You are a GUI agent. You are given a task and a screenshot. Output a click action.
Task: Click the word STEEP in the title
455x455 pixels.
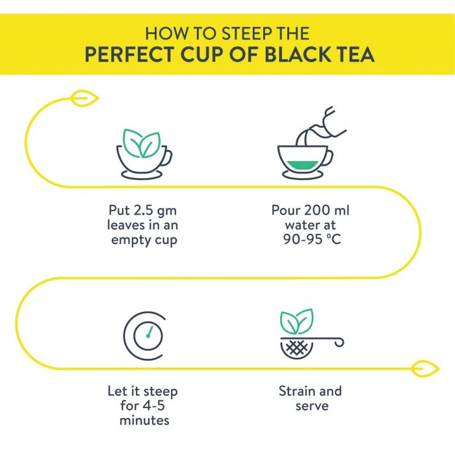pos(247,33)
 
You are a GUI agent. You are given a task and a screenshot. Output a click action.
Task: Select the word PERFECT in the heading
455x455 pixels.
pos(129,54)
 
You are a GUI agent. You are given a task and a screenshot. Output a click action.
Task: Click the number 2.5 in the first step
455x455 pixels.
pos(143,210)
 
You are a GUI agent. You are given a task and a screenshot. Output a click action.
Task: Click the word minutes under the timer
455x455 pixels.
pos(144,421)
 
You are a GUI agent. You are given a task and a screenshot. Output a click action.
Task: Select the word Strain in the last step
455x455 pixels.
pos(296,391)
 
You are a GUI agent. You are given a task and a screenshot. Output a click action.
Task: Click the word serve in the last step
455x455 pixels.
pos(312,406)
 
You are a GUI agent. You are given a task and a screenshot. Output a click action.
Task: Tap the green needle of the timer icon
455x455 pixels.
pos(149,332)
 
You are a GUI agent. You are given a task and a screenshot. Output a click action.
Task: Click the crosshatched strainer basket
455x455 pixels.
pos(297,348)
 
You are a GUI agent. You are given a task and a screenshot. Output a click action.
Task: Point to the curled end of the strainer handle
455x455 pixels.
pos(339,343)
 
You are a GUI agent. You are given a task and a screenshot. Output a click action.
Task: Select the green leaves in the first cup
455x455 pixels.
pos(142,144)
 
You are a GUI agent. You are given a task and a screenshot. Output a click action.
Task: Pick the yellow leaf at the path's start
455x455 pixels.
pos(84,98)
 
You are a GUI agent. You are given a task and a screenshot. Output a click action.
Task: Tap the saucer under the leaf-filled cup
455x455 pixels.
pos(142,175)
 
